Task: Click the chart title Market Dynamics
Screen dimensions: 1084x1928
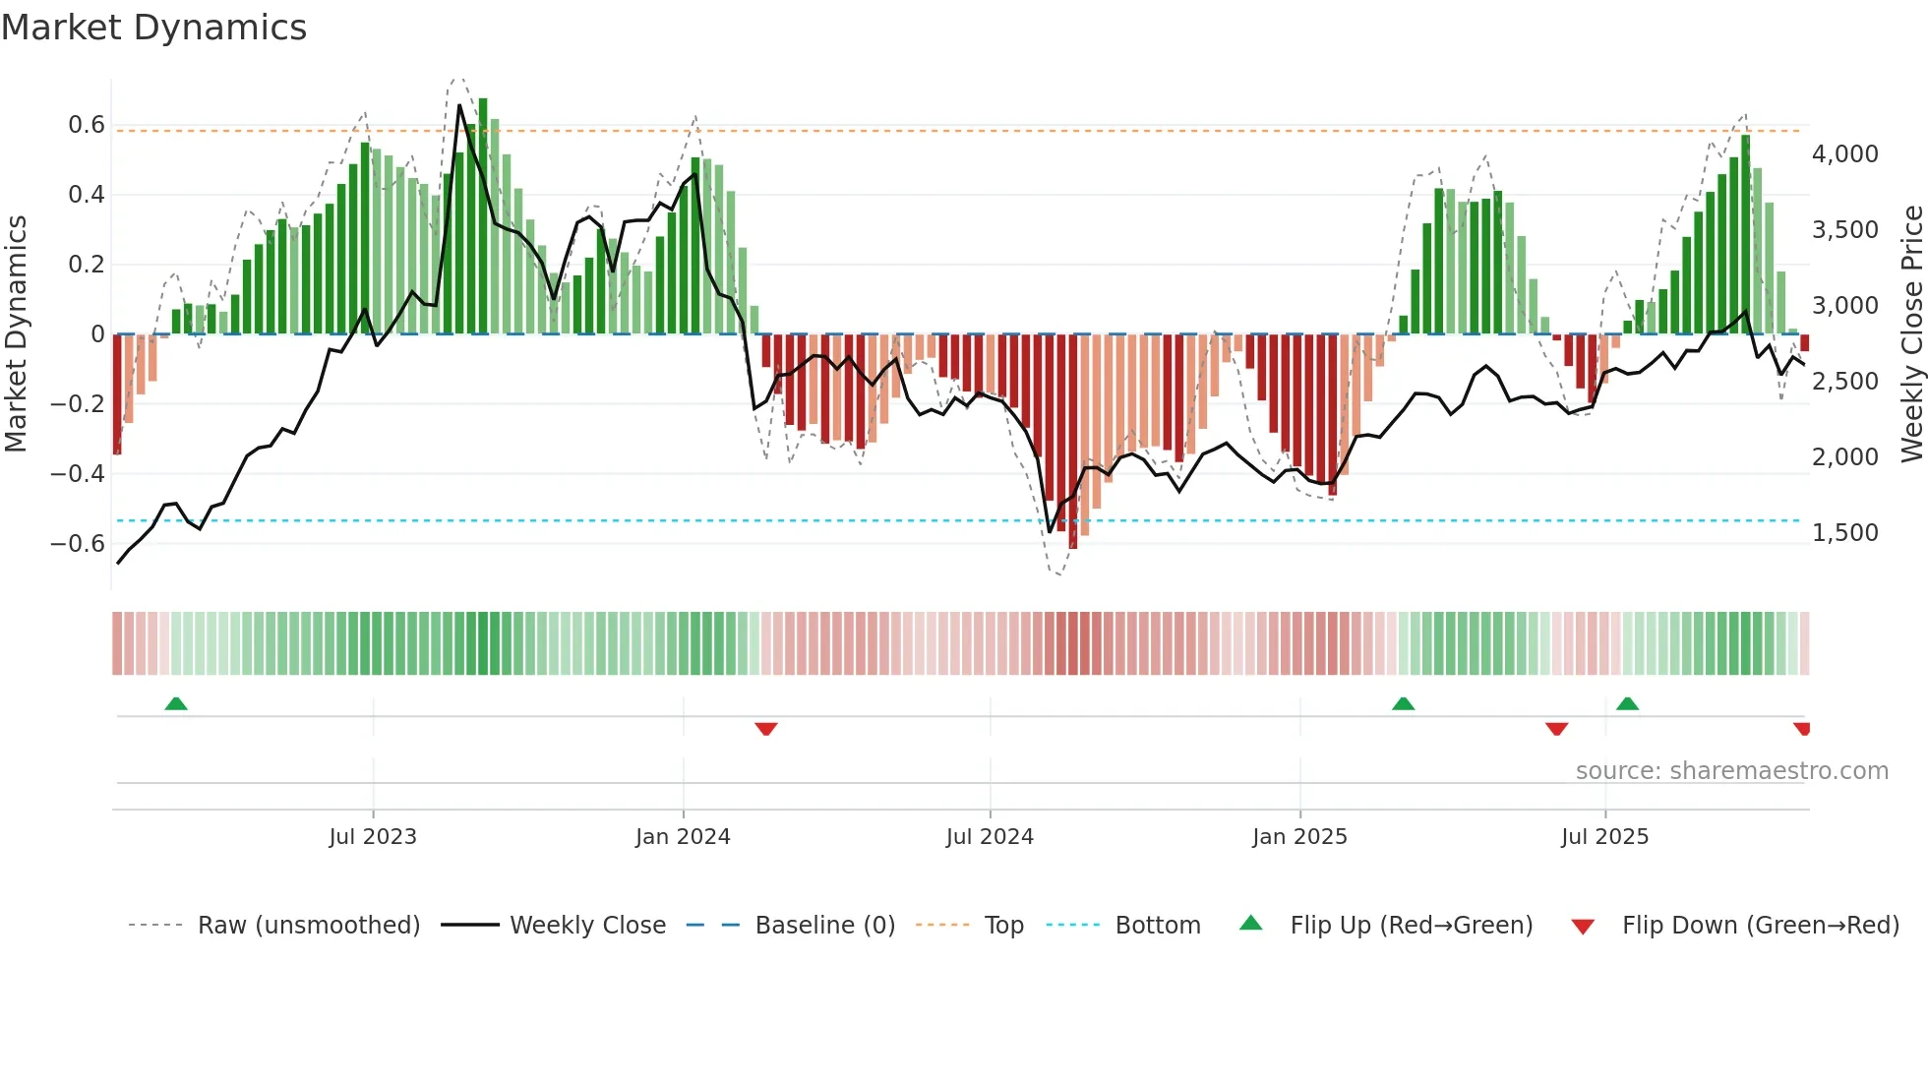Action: pos(153,28)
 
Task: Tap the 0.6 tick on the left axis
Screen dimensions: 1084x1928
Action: pos(87,125)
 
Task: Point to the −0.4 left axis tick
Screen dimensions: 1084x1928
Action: pos(78,474)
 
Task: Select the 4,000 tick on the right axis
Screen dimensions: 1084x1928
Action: pos(1844,154)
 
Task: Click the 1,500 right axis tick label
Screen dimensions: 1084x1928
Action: pos(1844,533)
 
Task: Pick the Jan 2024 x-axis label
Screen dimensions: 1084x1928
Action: pos(683,837)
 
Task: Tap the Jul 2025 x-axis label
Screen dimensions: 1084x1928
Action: pos(1604,837)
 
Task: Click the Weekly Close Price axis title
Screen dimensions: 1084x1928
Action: pos(1911,333)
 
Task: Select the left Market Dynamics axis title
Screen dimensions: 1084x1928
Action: pos(16,333)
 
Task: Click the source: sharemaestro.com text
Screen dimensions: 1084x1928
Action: pos(1731,771)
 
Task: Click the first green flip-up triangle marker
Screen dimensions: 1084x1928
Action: pos(176,704)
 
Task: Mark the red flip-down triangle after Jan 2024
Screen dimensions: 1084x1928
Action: pos(766,729)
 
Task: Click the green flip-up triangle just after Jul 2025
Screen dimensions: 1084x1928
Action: pos(1627,704)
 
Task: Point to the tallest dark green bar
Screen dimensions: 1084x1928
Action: pos(483,216)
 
